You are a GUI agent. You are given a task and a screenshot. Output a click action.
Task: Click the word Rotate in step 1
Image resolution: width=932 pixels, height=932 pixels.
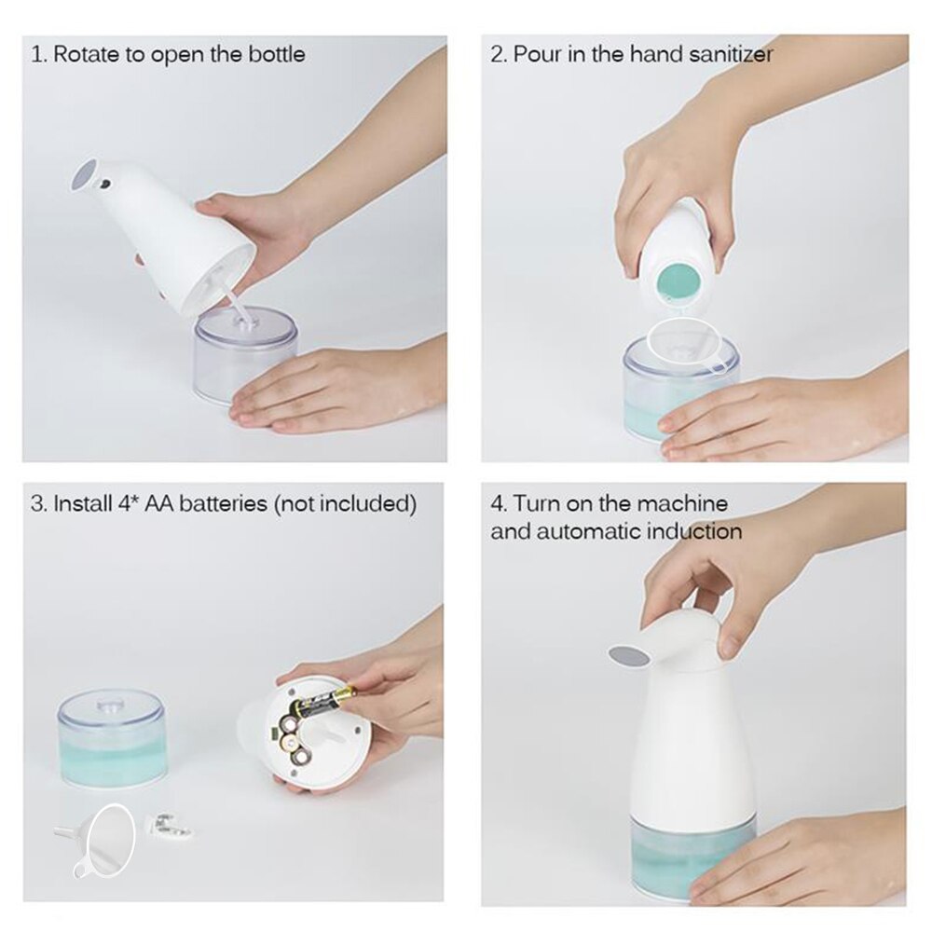click(85, 54)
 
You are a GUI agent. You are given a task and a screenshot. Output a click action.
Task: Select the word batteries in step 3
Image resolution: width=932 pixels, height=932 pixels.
click(221, 504)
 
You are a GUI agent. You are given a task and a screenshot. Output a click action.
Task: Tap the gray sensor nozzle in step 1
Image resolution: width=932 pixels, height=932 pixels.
click(86, 176)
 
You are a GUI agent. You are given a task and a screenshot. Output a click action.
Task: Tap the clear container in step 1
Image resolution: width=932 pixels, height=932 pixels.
click(244, 355)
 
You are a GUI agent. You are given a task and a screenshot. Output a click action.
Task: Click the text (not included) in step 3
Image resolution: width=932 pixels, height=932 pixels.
click(345, 504)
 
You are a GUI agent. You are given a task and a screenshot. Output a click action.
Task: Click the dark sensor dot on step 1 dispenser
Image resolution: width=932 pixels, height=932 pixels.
click(105, 185)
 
